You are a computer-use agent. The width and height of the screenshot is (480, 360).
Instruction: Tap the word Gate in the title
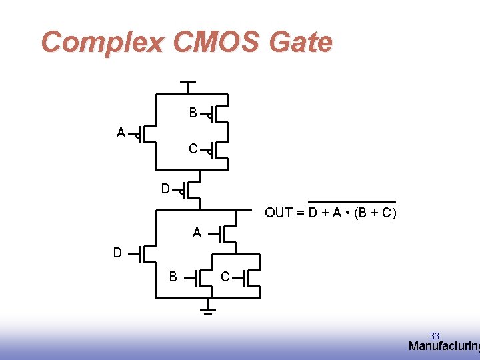301,43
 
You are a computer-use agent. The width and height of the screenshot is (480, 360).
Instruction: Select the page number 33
435,336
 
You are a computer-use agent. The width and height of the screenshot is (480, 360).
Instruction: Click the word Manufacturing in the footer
443,346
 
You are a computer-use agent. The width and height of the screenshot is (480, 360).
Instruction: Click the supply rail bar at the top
189,83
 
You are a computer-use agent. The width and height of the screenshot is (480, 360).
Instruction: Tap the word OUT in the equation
279,213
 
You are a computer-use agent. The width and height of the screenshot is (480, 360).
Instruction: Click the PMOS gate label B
193,113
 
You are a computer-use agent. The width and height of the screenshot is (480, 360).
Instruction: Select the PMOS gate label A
121,133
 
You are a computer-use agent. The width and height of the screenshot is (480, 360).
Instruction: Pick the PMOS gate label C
193,149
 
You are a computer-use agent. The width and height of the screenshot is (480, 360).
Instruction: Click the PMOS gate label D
165,189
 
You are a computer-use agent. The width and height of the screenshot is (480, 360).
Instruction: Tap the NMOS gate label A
197,233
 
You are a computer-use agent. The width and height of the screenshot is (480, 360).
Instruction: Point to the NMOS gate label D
117,253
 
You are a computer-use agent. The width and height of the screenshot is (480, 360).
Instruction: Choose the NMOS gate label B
173,277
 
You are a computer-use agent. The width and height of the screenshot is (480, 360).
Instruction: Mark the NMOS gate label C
225,277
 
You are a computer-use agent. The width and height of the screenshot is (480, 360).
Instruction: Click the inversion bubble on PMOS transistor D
181,191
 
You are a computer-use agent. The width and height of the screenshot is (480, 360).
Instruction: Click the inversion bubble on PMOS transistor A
137,137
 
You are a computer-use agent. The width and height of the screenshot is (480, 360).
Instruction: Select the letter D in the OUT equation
312,213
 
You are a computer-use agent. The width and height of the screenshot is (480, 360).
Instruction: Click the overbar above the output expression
351,202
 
